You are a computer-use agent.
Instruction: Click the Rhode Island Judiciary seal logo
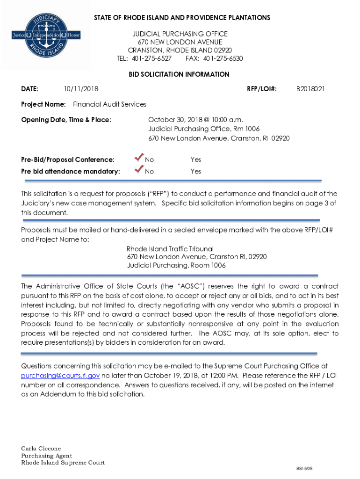[46, 35]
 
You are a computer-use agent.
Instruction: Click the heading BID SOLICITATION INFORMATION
[179, 74]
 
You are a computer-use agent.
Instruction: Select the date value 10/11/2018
[81, 88]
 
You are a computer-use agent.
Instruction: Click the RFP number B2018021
[310, 88]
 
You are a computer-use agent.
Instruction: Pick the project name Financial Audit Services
[109, 104]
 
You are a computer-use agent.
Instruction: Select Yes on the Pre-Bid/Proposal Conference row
[196, 160]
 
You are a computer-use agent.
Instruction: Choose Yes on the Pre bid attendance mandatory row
[196, 171]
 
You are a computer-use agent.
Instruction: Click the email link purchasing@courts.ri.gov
[60, 376]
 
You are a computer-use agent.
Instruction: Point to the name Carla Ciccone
[41, 449]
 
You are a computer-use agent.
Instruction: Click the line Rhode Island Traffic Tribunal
[170, 249]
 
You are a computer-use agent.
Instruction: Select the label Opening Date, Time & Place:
[66, 120]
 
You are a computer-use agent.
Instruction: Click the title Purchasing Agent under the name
[46, 456]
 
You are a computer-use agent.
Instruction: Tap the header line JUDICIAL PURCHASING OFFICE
[180, 34]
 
